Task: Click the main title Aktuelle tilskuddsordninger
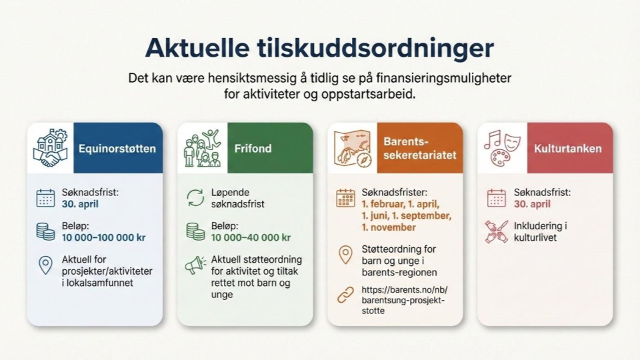click(x=319, y=48)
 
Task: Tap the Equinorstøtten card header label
click(x=117, y=149)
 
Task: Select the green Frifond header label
click(x=253, y=148)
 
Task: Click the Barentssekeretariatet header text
click(x=419, y=148)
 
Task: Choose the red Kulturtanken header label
click(x=568, y=149)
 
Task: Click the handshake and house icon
click(x=50, y=148)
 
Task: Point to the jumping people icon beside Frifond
click(x=202, y=148)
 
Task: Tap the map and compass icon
click(x=353, y=149)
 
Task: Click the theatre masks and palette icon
click(x=502, y=148)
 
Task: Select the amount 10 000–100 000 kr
click(x=104, y=237)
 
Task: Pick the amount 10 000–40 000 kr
click(x=251, y=237)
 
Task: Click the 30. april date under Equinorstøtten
click(x=80, y=204)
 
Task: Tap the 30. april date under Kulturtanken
click(x=532, y=204)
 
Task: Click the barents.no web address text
click(x=405, y=301)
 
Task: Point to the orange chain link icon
click(x=345, y=295)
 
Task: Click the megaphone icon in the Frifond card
click(x=195, y=265)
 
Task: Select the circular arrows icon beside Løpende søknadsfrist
click(x=195, y=198)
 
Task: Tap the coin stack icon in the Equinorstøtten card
click(x=45, y=231)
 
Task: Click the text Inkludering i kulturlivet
click(x=540, y=232)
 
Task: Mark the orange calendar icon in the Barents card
click(x=345, y=198)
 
